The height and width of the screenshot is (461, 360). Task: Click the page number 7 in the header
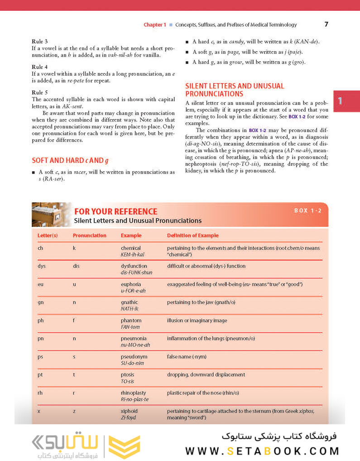coord(326,24)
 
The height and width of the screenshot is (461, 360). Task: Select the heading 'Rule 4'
coord(39,67)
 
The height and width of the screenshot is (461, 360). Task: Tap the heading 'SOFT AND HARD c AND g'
coord(70,160)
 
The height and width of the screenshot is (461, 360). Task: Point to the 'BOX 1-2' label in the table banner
coord(307,211)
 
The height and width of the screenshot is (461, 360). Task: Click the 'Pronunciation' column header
coord(90,235)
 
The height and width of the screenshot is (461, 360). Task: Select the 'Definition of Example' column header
coord(192,235)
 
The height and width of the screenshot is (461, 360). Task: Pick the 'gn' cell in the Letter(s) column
coord(41,302)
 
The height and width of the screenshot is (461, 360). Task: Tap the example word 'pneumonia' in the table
coord(134,338)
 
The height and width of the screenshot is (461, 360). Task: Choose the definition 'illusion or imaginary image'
coord(197,320)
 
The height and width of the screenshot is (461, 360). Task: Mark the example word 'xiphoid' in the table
coord(129,411)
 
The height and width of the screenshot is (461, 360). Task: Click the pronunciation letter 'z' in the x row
coord(74,411)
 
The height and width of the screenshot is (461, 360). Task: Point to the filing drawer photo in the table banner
coord(51,214)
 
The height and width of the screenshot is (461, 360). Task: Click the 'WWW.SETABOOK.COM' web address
coord(262,451)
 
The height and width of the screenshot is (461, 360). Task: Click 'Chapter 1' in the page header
coord(155,25)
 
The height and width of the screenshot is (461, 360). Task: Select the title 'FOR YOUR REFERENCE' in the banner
coord(115,212)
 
